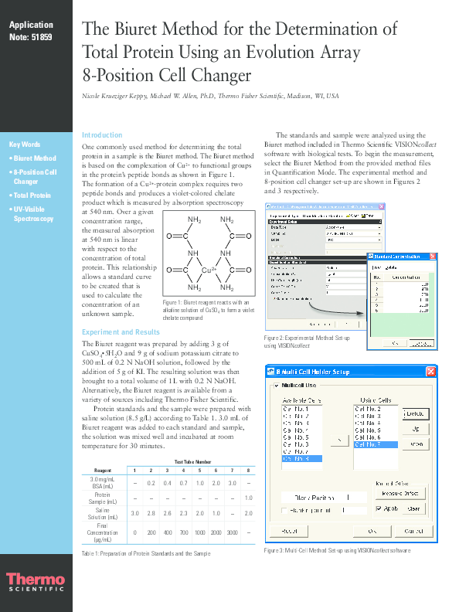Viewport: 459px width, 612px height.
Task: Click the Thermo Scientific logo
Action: pos(35,582)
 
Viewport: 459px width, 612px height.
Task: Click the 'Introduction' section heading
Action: pos(102,134)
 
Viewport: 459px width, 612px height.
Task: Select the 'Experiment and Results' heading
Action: pos(121,332)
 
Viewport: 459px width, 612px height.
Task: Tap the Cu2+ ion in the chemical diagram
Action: pos(209,270)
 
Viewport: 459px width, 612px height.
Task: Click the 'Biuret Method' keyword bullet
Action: pos(35,158)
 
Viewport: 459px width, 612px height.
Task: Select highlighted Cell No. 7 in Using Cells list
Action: pos(375,445)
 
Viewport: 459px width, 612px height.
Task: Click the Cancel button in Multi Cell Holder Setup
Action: pos(413,532)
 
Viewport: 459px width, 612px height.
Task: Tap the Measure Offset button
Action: pos(400,493)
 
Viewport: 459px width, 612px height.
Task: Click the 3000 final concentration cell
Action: pos(232,532)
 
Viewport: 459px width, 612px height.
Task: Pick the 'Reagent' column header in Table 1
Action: pos(102,470)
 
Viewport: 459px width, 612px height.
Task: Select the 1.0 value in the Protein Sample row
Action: pos(248,497)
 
